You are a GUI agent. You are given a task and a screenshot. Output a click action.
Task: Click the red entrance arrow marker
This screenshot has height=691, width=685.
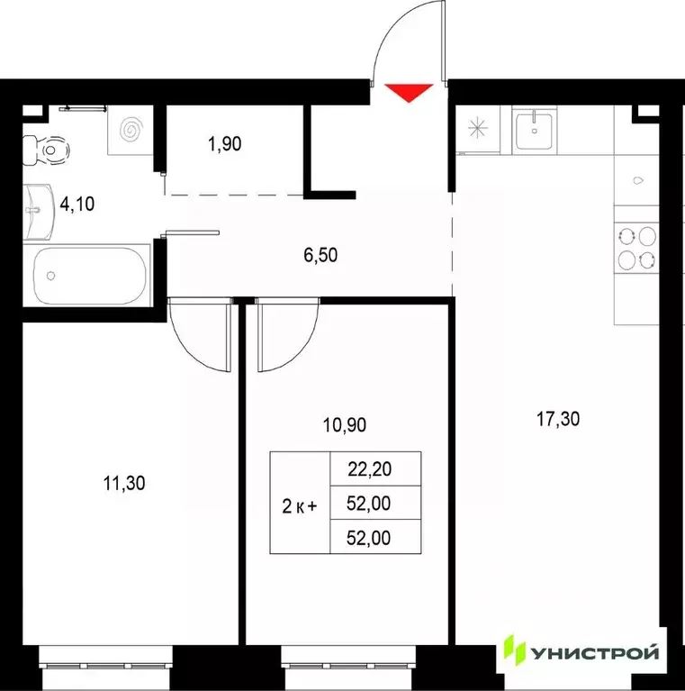(x=409, y=91)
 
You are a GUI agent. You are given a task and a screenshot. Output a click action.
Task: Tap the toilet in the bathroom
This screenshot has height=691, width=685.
(x=46, y=150)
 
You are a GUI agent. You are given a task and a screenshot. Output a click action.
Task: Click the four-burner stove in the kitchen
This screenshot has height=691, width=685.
(x=637, y=247)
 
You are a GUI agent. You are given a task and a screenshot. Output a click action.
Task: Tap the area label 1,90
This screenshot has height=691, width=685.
(x=223, y=141)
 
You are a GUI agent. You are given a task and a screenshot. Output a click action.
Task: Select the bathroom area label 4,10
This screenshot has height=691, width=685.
(x=77, y=204)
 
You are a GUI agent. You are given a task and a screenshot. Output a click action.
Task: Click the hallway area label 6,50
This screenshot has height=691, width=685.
(x=321, y=255)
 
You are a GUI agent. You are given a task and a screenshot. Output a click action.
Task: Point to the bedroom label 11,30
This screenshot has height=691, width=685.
(x=124, y=483)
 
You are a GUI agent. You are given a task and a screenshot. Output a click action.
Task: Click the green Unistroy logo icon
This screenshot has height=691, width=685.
(x=514, y=651)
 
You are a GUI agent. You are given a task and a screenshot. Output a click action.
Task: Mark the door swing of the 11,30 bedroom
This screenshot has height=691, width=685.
(x=199, y=338)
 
